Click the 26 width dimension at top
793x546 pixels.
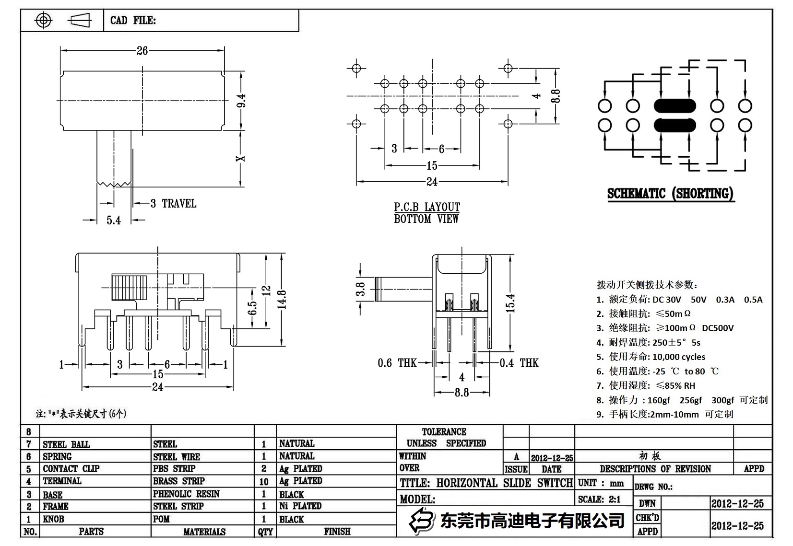[x=142, y=51]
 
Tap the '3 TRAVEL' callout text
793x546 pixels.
[x=173, y=204]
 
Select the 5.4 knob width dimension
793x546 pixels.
[x=114, y=221]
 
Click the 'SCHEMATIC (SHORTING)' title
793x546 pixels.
[x=670, y=194]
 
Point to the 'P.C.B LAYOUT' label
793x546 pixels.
[x=426, y=207]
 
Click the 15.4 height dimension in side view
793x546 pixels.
[x=510, y=303]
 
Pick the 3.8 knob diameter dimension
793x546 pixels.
[x=361, y=289]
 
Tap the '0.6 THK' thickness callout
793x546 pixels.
[x=397, y=363]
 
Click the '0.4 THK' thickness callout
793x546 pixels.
[x=519, y=363]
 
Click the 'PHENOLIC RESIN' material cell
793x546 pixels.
[x=186, y=494]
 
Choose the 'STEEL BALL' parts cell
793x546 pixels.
[x=66, y=444]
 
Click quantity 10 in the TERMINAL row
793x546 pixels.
[x=264, y=481]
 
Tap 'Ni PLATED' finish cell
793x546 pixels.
[x=300, y=506]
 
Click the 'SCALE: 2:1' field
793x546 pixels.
[x=599, y=499]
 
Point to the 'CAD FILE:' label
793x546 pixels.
[x=133, y=20]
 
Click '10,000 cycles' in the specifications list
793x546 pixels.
[x=678, y=357]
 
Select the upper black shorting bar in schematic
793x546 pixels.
[x=675, y=106]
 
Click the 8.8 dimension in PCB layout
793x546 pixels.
[x=556, y=96]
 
